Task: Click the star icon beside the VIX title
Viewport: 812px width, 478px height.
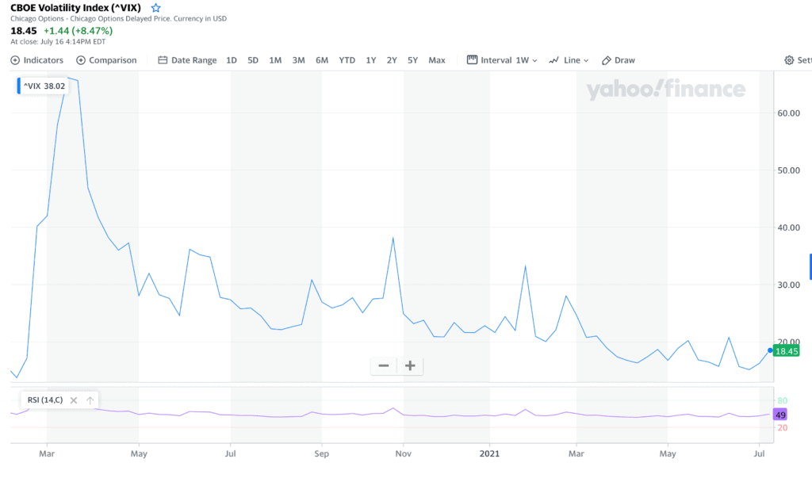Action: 155,8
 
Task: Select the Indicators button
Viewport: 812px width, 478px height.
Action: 37,60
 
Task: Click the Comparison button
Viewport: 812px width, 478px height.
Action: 106,60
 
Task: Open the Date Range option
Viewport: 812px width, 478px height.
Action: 187,60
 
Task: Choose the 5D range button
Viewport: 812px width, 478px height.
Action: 253,60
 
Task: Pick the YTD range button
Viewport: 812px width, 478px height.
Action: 347,60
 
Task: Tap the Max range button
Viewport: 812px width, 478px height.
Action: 437,60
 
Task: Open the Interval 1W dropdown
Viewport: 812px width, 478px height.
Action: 502,60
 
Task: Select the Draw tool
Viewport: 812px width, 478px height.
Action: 619,60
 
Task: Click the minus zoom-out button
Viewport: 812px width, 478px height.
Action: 384,365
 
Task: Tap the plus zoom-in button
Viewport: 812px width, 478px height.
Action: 410,365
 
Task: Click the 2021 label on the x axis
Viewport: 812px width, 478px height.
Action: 488,454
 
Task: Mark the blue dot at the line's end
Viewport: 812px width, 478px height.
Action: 769,350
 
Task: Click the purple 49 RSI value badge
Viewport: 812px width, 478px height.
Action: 780,415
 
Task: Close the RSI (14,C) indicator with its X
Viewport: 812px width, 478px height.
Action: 74,400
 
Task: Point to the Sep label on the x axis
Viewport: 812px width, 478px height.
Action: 322,454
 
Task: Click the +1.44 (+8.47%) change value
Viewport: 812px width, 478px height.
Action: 78,31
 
